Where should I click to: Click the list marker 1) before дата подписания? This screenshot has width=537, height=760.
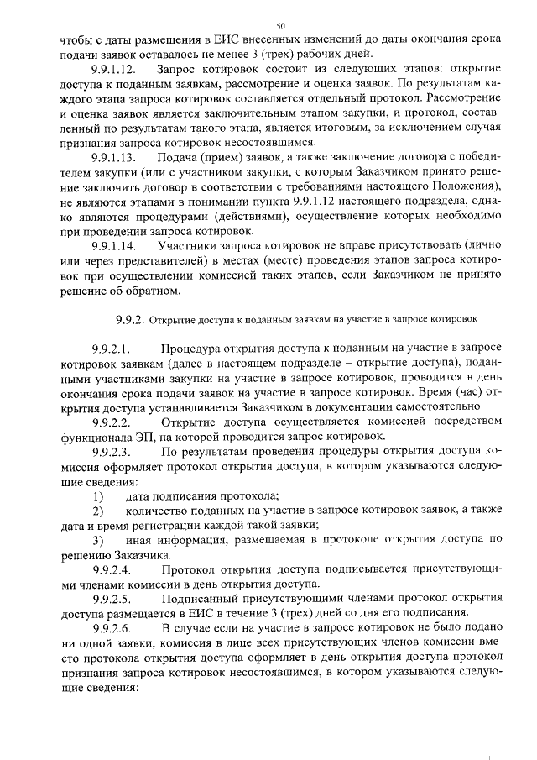pyautogui.click(x=97, y=499)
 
